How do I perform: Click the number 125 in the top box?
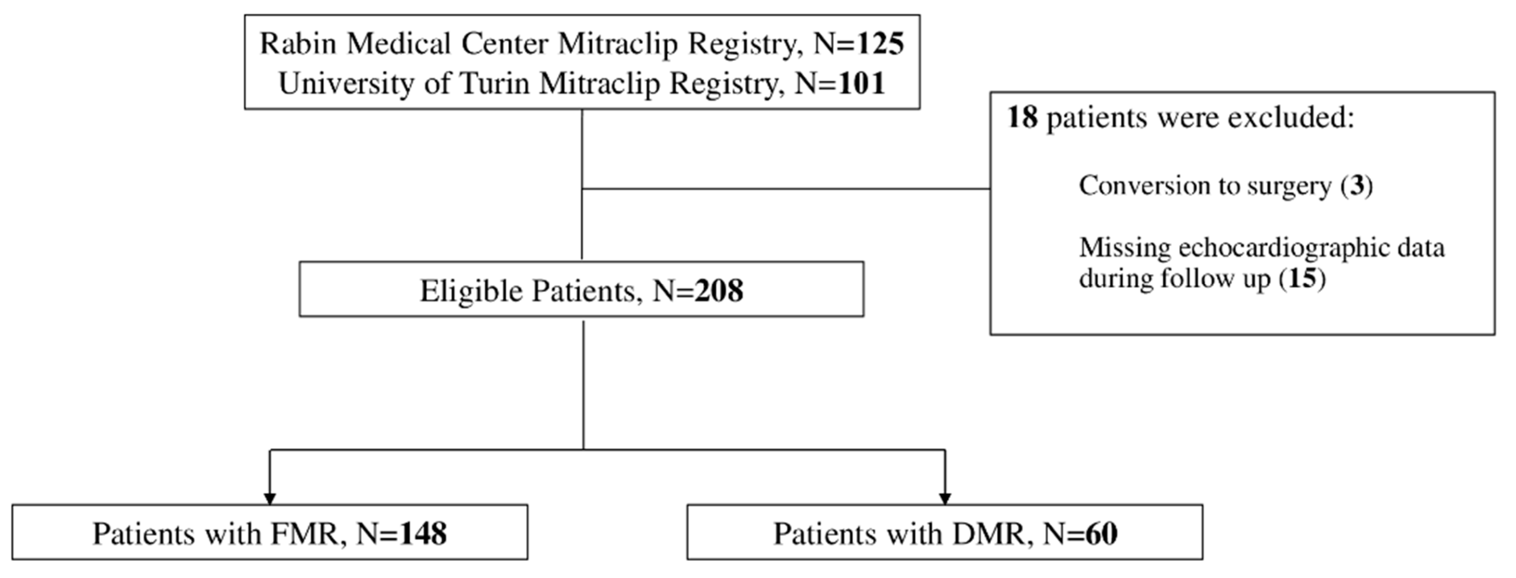[x=880, y=44]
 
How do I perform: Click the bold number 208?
[x=718, y=291]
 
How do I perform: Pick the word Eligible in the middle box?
[x=472, y=291]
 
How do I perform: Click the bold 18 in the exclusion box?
[x=1022, y=117]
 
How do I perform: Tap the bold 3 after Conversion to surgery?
[x=1357, y=186]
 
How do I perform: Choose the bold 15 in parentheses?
[x=1302, y=278]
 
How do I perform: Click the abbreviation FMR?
[x=304, y=534]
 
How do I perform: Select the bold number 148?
[x=423, y=534]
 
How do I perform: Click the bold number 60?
[x=1101, y=534]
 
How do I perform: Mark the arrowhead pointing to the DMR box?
[x=944, y=498]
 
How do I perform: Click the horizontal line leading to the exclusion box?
[x=786, y=189]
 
